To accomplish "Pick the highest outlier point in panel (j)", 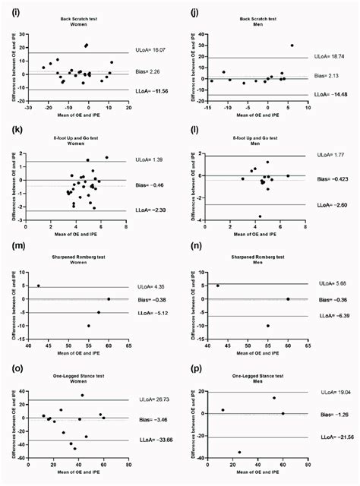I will pos(292,45).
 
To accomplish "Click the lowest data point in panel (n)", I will pos(267,326).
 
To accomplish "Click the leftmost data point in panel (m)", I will pos(38,286).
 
